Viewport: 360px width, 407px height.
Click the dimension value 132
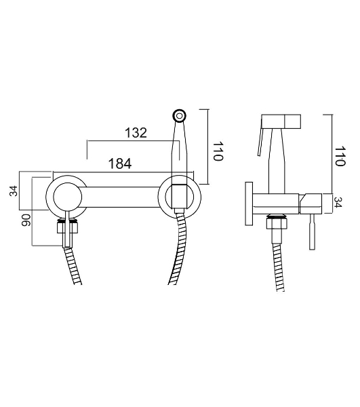136,133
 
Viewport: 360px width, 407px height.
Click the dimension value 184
120,163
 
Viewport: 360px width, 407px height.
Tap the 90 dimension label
26,220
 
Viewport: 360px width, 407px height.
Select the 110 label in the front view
218,151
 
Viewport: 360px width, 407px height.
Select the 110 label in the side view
340,156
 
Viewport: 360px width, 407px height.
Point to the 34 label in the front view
14,191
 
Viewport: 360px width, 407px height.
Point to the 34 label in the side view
338,202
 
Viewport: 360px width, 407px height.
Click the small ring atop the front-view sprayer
179,115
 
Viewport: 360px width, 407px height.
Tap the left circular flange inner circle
67,197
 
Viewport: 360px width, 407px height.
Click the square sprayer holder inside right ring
180,196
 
